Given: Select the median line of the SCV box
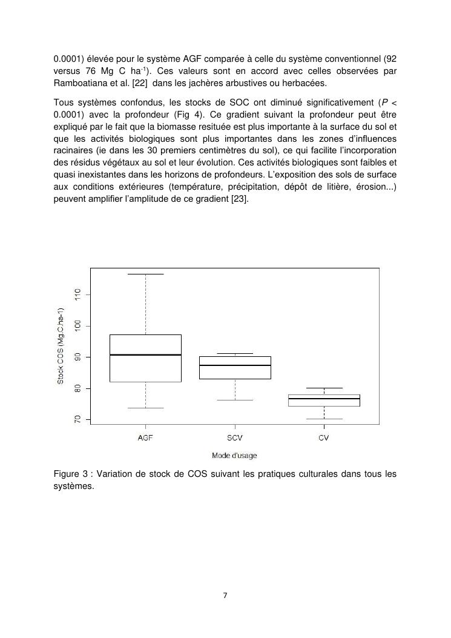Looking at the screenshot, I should (235, 365).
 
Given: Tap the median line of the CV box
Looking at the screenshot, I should (324, 399).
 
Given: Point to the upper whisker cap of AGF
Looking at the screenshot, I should (145, 274).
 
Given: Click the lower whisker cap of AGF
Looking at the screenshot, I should (145, 408).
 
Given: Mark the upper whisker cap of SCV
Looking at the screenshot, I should (235, 353).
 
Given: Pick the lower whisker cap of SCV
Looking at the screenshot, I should (235, 400).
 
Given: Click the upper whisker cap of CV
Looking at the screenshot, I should (324, 388).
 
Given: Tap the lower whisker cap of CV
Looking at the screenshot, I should (324, 419).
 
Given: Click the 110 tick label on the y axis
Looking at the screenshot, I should (77, 294).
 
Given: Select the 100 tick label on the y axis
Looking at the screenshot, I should (77, 326).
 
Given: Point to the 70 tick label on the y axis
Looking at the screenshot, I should (77, 419).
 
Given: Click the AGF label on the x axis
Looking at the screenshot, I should (145, 437).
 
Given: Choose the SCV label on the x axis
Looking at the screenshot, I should (235, 437).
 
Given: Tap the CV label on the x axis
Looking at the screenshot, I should (324, 437).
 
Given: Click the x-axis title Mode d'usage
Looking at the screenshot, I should (234, 455).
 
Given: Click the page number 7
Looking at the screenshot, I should (225, 596).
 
